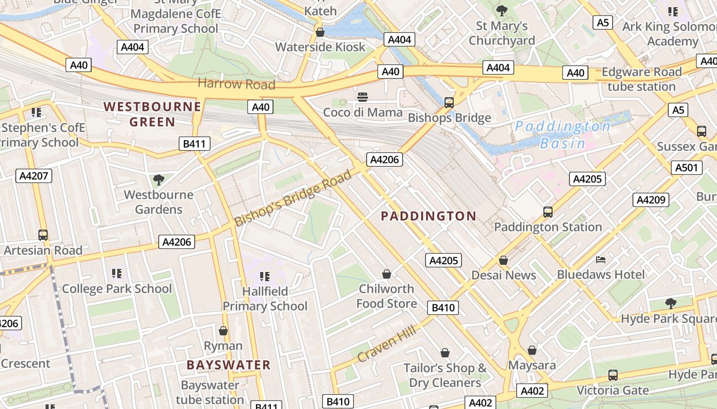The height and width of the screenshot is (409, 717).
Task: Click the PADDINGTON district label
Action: (x=429, y=216)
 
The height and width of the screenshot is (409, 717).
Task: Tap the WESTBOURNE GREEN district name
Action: (x=152, y=114)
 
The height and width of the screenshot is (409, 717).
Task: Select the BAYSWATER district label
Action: (x=228, y=365)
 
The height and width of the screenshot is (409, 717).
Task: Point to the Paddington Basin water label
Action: (x=563, y=135)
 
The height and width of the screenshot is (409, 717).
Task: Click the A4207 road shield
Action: (x=34, y=176)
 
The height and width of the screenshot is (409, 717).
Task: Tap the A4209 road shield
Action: (x=651, y=199)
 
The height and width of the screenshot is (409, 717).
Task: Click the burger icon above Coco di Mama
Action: (x=363, y=97)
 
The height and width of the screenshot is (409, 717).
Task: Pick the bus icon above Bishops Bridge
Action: (x=449, y=103)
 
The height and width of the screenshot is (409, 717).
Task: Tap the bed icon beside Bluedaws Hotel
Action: (x=601, y=260)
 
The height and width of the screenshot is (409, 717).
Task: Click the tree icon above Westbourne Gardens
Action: (x=159, y=179)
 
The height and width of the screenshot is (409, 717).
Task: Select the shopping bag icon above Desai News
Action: (x=503, y=260)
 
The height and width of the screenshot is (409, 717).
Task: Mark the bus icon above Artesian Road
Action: (x=43, y=235)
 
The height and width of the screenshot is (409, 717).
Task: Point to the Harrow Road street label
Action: (x=236, y=84)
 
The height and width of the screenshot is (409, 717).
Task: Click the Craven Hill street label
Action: (x=387, y=345)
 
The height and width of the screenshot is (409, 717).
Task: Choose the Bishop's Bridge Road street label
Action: (x=293, y=198)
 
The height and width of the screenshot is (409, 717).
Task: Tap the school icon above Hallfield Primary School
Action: (x=264, y=277)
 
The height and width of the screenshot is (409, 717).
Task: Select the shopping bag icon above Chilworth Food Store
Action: (x=387, y=274)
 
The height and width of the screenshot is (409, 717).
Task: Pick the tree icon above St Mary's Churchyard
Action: (x=502, y=10)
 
